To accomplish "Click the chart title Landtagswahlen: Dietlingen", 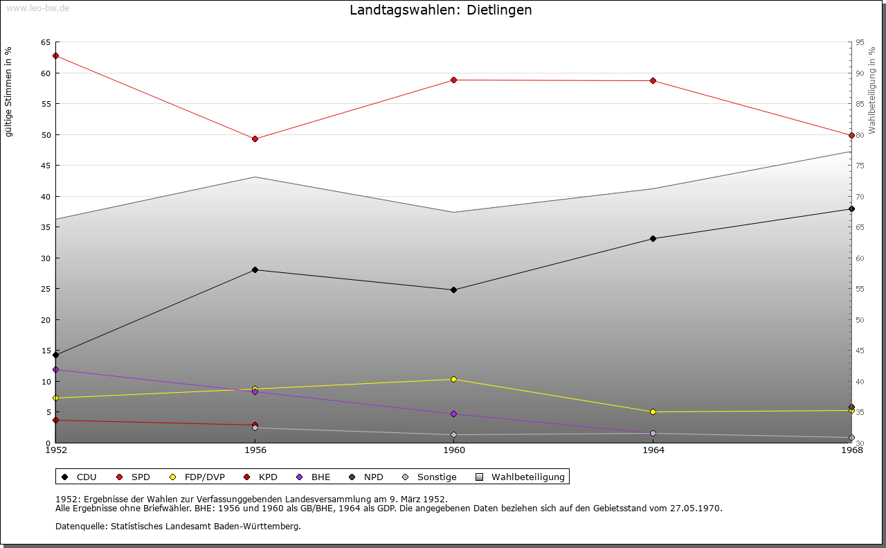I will (x=441, y=10).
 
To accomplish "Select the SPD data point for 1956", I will (x=255, y=139).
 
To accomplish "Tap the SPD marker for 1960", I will (x=454, y=80).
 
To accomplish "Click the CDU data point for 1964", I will (x=653, y=238).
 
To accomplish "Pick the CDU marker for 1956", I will (x=255, y=269).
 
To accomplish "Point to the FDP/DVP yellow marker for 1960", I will (x=454, y=379).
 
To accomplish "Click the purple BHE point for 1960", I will (x=454, y=414).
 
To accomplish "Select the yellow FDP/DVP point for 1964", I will (x=653, y=412).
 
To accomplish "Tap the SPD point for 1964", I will (x=653, y=81).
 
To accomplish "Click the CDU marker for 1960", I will (x=454, y=290).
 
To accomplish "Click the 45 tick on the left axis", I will (x=45, y=166).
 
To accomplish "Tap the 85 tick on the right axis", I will (x=859, y=104).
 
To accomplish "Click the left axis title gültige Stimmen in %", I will (x=9, y=91).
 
